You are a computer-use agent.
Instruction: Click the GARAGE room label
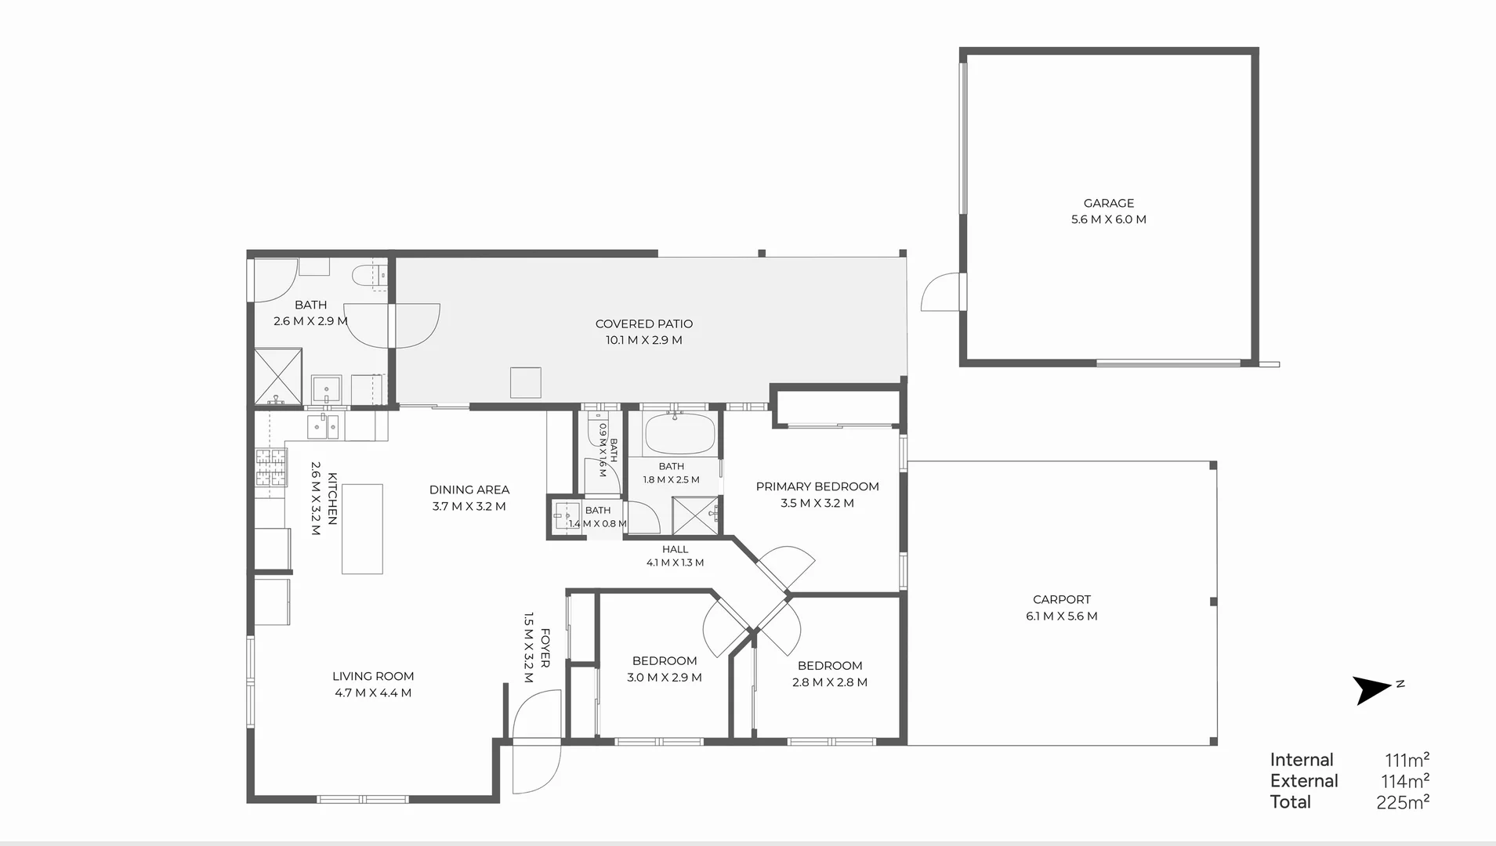click(1108, 203)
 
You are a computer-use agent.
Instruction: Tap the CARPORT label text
click(1061, 599)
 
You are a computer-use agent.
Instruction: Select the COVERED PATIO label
click(643, 324)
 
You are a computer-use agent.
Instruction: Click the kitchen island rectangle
click(362, 529)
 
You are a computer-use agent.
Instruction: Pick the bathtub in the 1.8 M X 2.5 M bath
click(679, 434)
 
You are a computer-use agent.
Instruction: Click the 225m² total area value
click(1403, 802)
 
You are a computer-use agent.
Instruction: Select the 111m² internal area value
click(1407, 760)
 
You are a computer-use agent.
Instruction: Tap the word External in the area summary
click(1304, 781)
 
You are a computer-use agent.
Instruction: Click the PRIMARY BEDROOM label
click(817, 486)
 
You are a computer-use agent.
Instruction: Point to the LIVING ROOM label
click(373, 676)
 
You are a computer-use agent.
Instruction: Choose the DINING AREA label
click(469, 490)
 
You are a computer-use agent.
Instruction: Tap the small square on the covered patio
click(526, 382)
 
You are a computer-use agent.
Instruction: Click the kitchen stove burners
click(270, 468)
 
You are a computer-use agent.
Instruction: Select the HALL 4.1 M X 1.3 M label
click(675, 555)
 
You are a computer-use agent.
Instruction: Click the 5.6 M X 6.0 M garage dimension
click(1108, 219)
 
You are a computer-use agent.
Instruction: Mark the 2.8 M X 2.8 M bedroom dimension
click(829, 682)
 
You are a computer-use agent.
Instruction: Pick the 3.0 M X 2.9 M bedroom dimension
click(664, 678)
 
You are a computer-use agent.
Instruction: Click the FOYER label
click(545, 648)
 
